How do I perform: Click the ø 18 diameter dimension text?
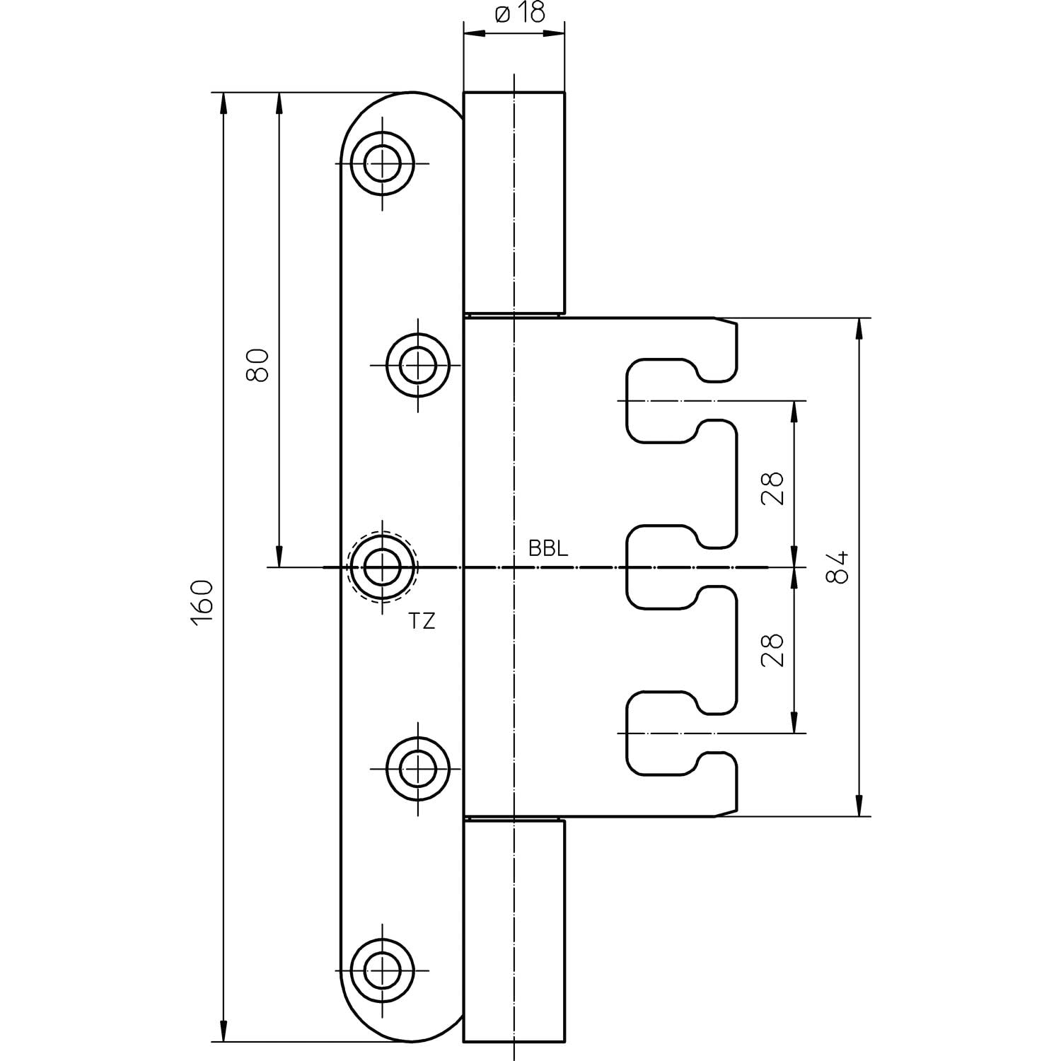point(520,13)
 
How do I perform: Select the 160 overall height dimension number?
point(202,601)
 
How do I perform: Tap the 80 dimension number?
point(258,365)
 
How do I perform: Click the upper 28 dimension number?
point(773,487)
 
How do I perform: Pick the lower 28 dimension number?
point(773,649)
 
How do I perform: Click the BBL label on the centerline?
point(547,550)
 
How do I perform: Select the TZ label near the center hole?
point(422,622)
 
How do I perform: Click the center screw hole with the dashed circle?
point(383,567)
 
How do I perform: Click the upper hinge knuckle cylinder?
point(514,202)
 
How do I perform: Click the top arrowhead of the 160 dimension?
point(224,103)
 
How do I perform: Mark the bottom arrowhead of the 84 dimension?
point(859,806)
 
